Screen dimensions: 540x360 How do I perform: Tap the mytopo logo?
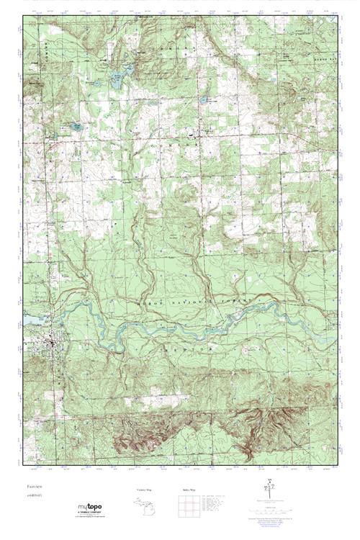coord(89,508)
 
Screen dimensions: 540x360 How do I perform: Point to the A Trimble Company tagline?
coord(89,515)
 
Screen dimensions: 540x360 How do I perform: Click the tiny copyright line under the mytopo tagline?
coord(89,519)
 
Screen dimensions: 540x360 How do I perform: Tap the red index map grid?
coord(185,507)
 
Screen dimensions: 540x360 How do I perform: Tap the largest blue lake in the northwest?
coord(116,81)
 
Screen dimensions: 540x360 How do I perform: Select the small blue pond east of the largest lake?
coord(204,99)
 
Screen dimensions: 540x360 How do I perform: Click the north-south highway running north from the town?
coord(48,216)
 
